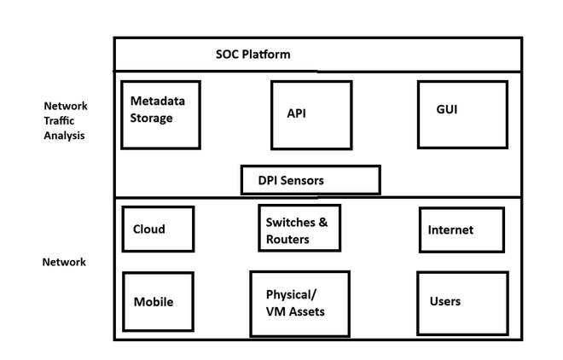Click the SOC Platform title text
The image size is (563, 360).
252,55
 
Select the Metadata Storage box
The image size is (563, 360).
160,114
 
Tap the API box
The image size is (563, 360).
311,115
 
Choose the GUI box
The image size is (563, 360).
457,114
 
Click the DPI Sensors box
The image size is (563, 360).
310,180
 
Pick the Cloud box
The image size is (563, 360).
158,229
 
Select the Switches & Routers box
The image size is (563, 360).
299,228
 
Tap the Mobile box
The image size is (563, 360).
158,301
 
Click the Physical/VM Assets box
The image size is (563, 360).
299,302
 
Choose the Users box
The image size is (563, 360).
462,302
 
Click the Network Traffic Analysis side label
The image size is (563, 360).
66,120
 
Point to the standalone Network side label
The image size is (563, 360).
64,262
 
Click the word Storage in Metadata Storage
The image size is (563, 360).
152,118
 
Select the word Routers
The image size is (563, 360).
287,240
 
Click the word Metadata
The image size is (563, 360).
158,101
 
